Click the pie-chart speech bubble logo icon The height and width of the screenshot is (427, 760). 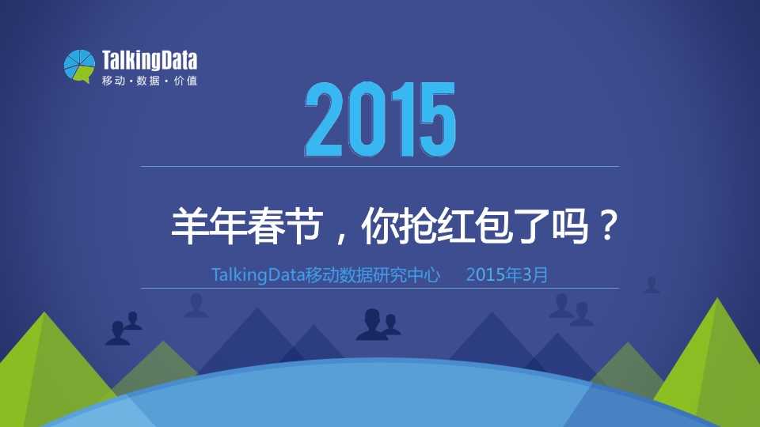[79, 66]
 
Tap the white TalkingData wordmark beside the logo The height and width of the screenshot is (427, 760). [150, 61]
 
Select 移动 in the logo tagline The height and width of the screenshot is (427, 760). [113, 81]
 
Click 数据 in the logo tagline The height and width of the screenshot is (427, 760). [148, 81]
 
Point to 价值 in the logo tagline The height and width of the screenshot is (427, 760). [185, 81]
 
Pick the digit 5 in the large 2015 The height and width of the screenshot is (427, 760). [437, 119]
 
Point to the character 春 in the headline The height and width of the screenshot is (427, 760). [266, 226]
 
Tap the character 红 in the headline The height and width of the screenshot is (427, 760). [456, 226]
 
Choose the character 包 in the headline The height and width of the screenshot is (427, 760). [494, 226]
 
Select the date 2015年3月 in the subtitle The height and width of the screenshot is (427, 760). [507, 275]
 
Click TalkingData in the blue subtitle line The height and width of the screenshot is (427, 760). [258, 275]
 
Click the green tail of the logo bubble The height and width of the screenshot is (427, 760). [84, 76]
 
